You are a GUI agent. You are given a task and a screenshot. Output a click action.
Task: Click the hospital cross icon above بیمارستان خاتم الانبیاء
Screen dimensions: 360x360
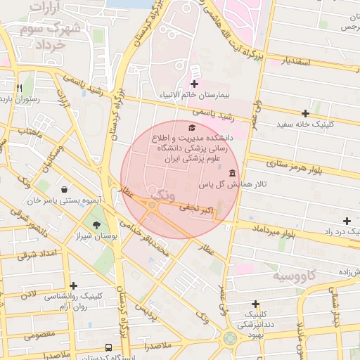(194, 84)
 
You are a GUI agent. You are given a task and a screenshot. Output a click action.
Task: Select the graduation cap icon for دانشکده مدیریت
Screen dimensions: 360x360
(191, 127)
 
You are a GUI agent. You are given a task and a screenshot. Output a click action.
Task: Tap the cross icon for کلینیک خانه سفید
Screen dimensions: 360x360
(304, 113)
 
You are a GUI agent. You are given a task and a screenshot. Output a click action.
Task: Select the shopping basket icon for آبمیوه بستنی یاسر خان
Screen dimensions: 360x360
(65, 189)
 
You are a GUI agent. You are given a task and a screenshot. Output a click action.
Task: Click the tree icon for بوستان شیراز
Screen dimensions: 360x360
(96, 225)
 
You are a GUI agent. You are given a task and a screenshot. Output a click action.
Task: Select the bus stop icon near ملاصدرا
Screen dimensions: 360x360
(108, 347)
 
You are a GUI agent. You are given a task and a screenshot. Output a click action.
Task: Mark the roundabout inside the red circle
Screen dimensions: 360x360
(152, 205)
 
